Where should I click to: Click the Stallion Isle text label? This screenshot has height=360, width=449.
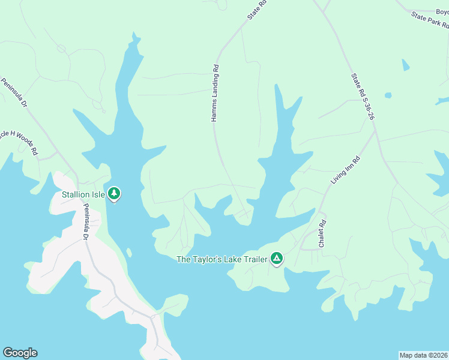(x=83, y=194)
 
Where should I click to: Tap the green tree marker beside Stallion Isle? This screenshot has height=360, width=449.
(x=114, y=194)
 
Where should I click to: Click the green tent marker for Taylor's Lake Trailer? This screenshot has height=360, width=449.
(x=276, y=258)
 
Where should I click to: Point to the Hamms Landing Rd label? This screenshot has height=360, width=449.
(x=214, y=94)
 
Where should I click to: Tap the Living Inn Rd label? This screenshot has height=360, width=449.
(x=345, y=170)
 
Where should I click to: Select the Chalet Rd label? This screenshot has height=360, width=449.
(x=322, y=234)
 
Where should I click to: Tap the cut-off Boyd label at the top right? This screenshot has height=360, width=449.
(x=442, y=11)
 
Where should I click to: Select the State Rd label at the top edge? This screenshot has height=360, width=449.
(x=257, y=10)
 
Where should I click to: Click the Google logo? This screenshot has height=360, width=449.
(x=20, y=353)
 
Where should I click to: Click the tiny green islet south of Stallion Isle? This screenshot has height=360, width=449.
(x=129, y=253)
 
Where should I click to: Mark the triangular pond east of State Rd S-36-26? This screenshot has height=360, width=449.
(x=406, y=65)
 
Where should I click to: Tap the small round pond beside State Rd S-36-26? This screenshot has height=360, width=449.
(x=388, y=95)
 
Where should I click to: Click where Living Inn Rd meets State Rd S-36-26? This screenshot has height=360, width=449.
(x=375, y=133)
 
